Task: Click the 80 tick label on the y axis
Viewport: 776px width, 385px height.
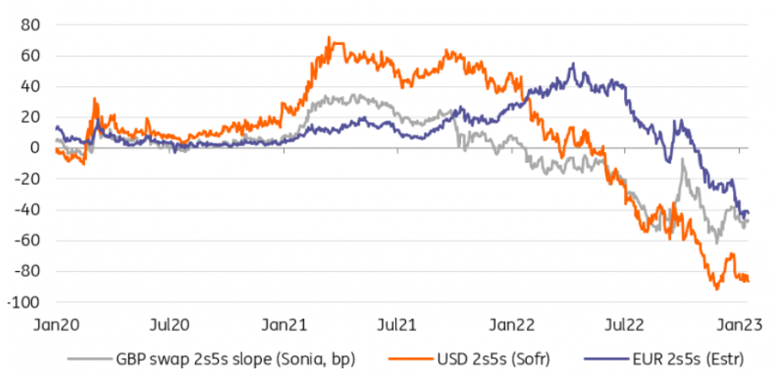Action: (31, 24)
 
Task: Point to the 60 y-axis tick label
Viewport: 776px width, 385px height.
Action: (31, 56)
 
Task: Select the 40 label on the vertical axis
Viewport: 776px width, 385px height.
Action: (31, 86)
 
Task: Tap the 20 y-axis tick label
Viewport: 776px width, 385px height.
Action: (31, 117)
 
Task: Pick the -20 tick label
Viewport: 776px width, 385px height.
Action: (28, 179)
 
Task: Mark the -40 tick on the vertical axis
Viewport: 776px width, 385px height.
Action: (28, 209)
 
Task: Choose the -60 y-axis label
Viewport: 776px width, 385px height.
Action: (28, 241)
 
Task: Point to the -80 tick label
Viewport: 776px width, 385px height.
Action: (28, 271)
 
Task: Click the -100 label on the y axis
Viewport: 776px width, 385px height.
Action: (24, 302)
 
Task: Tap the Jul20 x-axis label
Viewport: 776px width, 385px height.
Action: (169, 324)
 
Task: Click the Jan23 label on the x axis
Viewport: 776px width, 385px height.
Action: (736, 324)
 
